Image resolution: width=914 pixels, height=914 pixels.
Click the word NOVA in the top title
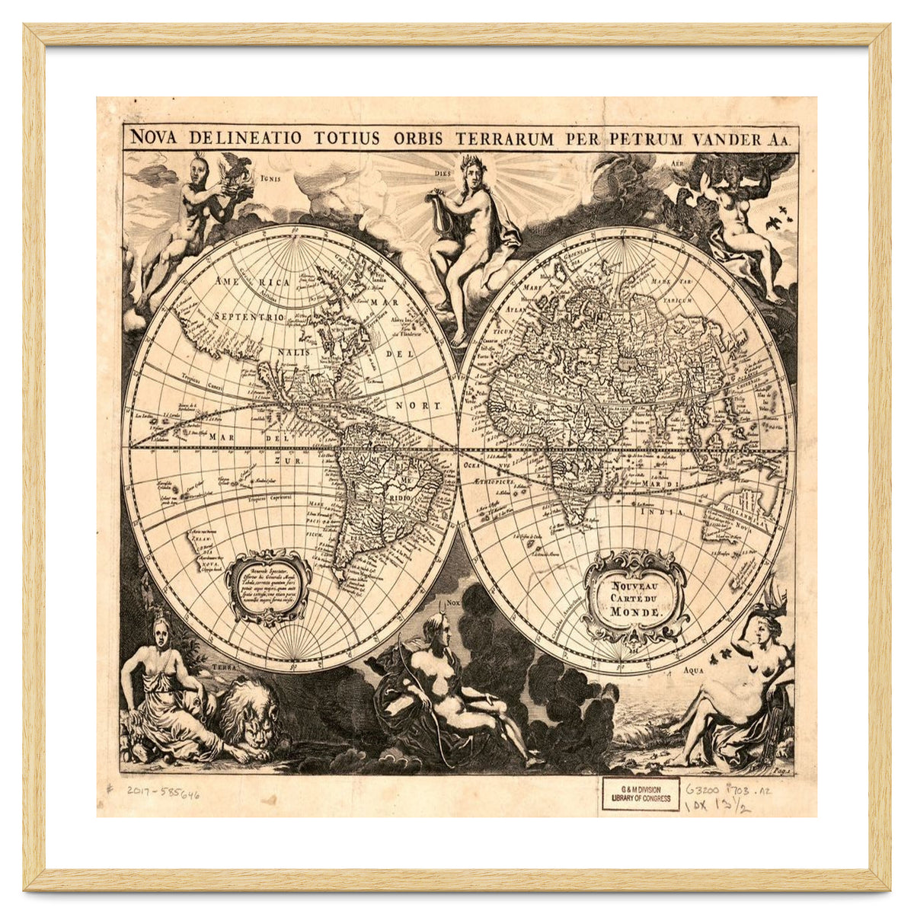(x=155, y=138)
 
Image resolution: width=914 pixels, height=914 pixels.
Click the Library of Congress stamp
(x=641, y=794)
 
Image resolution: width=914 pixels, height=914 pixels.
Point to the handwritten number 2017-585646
(x=163, y=793)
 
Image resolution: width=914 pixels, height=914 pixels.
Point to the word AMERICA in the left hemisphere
(x=252, y=283)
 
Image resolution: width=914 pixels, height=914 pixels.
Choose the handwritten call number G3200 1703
(x=728, y=791)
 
